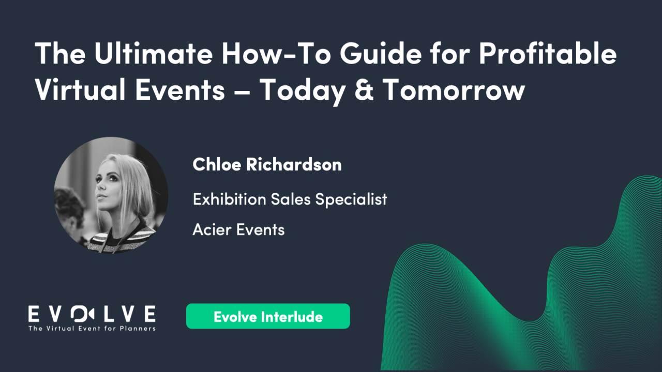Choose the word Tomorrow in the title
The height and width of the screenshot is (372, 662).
[x=454, y=90]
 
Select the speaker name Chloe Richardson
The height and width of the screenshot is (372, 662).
[x=267, y=165]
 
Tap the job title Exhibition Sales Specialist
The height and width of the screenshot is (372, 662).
[x=290, y=199]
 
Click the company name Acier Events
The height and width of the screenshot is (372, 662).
[x=238, y=229]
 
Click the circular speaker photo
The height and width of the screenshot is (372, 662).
[x=111, y=195]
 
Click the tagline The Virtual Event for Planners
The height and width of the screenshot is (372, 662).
[x=92, y=328]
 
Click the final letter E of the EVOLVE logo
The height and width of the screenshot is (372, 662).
[x=149, y=314]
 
